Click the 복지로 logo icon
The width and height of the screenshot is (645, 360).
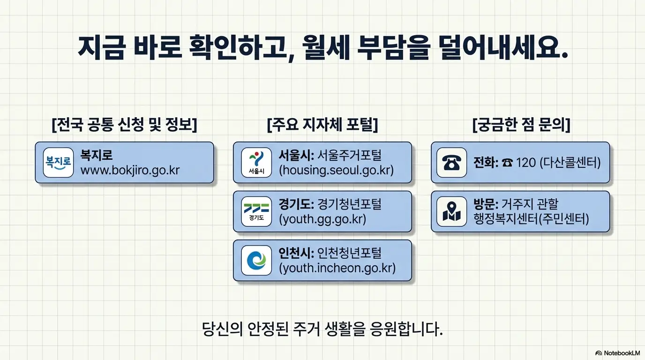(x=58, y=162)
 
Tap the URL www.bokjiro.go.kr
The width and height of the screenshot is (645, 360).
(x=130, y=170)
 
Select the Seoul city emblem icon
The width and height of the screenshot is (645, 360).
(x=256, y=162)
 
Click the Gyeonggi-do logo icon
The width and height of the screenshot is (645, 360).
(x=256, y=211)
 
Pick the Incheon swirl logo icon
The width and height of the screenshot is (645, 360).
(x=256, y=260)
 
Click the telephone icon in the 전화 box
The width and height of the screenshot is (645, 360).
(x=451, y=162)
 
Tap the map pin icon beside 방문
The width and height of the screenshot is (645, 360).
(x=451, y=211)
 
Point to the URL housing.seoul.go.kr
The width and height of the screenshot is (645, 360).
(x=336, y=170)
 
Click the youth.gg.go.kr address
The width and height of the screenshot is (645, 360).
(x=322, y=219)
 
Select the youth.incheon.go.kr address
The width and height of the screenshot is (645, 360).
(x=337, y=268)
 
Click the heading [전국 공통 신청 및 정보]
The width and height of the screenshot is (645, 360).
(x=124, y=125)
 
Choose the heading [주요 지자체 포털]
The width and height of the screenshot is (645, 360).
(x=322, y=125)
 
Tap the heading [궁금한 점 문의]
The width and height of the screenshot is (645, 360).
(x=521, y=125)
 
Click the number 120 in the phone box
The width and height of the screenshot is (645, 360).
(x=525, y=163)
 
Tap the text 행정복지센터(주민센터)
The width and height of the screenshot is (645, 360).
(x=531, y=219)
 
